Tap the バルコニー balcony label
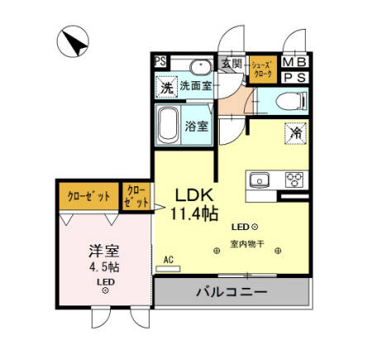pyautogui.click(x=231, y=293)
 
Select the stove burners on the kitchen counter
pyautogui.click(x=294, y=179)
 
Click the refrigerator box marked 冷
pyautogui.click(x=294, y=132)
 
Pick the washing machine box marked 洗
pyautogui.click(x=166, y=87)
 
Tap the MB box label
pyautogui.click(x=293, y=62)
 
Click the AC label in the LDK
pyautogui.click(x=169, y=260)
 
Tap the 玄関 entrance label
pyautogui.click(x=231, y=63)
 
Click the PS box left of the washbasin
pyautogui.click(x=159, y=61)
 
